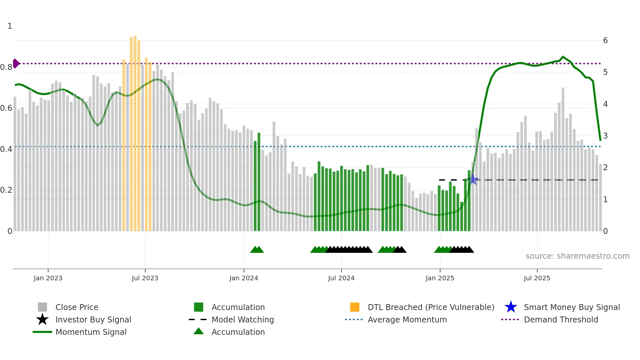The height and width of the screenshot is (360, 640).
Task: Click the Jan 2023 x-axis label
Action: coord(48,278)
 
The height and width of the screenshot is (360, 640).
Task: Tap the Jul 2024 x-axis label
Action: coord(341,278)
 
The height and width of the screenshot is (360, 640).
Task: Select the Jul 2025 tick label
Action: coord(537,278)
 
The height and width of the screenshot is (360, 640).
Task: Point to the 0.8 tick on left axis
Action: coord(6,67)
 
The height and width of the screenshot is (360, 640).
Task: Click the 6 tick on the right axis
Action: coord(605,41)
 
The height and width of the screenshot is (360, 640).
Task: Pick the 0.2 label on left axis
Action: coord(6,190)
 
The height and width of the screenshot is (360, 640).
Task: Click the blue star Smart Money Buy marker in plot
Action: coord(473,179)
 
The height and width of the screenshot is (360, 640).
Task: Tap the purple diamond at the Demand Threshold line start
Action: coord(16,63)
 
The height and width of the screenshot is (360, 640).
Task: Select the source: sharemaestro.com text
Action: coord(577,256)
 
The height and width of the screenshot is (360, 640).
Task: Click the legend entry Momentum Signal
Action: coord(91,332)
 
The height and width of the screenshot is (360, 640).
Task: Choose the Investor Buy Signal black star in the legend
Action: coord(42,319)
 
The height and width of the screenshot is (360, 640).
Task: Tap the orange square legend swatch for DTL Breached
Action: coord(355,307)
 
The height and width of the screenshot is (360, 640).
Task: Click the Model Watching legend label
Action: coord(243,319)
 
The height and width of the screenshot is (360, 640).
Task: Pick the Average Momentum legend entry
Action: coord(407,319)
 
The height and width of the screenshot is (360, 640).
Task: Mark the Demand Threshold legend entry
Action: coord(561,319)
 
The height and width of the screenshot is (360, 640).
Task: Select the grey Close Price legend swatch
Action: coord(42,307)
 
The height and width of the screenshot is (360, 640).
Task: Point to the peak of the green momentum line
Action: coord(563,57)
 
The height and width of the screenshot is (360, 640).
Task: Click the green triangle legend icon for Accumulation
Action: coord(199,332)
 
